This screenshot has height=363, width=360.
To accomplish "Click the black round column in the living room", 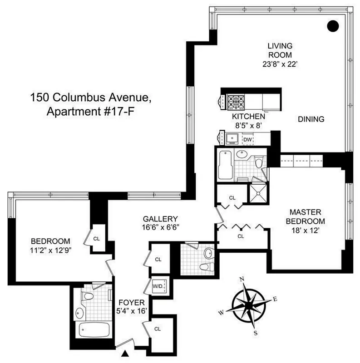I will [334, 25].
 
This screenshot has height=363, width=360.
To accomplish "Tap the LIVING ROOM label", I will [280, 50].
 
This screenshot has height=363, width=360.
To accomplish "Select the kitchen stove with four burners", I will [236, 100].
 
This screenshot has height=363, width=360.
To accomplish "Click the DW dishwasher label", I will [247, 139].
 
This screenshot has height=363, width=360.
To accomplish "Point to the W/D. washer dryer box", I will [158, 286].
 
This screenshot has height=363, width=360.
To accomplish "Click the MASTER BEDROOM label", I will [308, 216].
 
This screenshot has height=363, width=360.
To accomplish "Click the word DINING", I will [311, 120].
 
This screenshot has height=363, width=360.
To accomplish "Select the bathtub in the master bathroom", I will [225, 165].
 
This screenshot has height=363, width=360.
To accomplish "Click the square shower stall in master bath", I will [258, 194].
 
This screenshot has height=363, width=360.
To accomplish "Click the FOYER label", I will [131, 303].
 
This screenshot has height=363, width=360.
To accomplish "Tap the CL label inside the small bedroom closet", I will [96, 237].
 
